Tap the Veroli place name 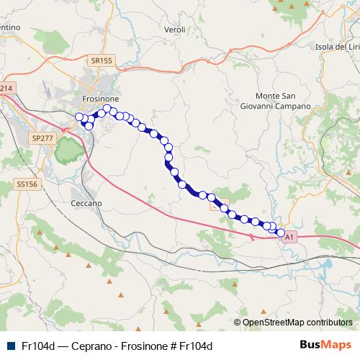175,30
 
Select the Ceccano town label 86,203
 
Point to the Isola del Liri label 336,48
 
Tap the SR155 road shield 102,61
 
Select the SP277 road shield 43,137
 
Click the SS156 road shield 25,184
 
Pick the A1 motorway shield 289,236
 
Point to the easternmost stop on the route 281,233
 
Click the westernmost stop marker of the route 79,117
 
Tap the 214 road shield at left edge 6,89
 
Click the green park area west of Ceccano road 67,150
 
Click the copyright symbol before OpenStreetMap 237,323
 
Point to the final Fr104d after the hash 196,346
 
